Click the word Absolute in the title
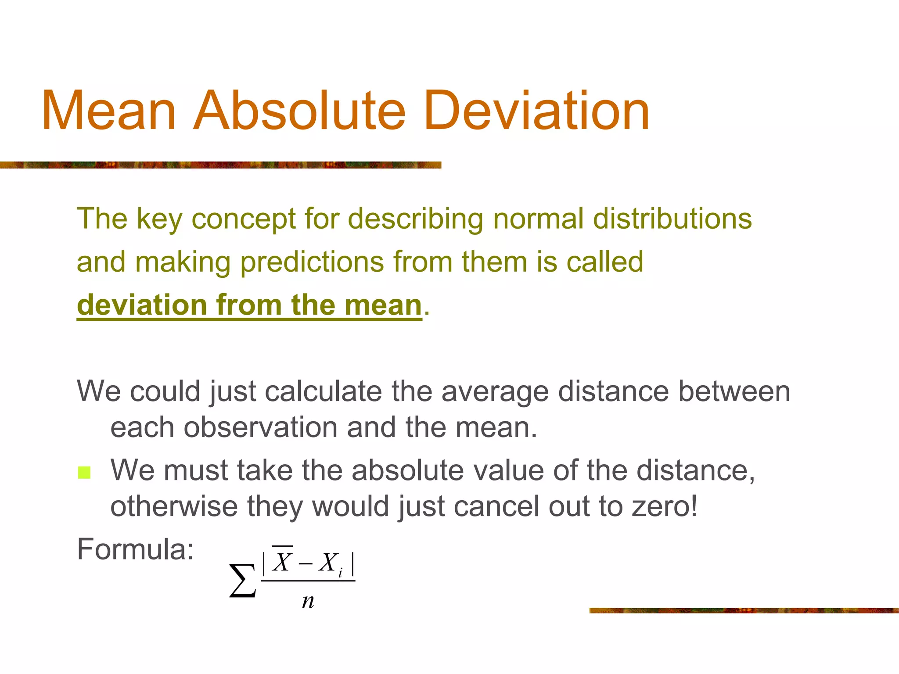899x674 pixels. point(299,111)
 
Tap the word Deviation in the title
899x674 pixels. point(536,111)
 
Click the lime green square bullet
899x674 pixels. point(84,473)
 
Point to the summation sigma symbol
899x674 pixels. point(242,581)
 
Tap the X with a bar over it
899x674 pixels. point(282,561)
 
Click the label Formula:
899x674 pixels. point(135,549)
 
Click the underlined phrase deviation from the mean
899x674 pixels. point(249,305)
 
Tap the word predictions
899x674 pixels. point(312,262)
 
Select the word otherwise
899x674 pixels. point(173,506)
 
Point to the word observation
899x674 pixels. point(260,427)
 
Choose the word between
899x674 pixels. point(734,391)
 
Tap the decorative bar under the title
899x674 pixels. point(220,165)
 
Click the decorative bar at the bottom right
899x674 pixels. point(744,610)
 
